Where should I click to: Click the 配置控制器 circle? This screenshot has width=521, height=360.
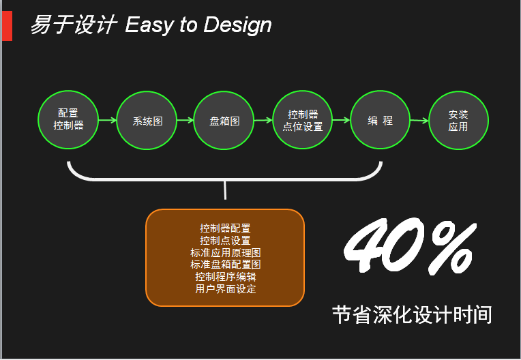coord(68,119)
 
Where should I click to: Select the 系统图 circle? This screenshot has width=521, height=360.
coord(147,120)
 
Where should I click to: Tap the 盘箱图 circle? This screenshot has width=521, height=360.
coord(224,120)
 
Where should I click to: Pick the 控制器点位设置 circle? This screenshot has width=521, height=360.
coord(302,119)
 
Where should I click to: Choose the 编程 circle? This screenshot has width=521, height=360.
coord(380,119)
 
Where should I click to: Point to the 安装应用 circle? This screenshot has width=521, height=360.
coord(458,120)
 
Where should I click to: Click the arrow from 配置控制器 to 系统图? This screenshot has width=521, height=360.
coord(108,120)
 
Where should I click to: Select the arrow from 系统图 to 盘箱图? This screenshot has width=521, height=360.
coord(185,120)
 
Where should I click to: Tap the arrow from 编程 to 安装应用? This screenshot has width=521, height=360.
coord(419,120)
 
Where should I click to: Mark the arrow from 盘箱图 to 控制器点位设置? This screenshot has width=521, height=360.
coord(263,120)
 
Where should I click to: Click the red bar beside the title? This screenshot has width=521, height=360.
coord(7,26)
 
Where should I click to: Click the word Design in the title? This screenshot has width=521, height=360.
coord(237,25)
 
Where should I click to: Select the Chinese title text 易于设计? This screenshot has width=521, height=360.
coord(74,25)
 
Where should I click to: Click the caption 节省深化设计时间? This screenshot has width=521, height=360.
coord(412,314)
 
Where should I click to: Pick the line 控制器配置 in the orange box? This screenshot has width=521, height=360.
coord(225,228)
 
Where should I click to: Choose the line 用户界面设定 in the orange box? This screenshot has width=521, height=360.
coord(225,288)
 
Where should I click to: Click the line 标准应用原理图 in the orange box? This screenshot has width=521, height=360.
coord(225,252)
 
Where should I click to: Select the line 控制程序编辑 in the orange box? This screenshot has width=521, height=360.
coord(225,277)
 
